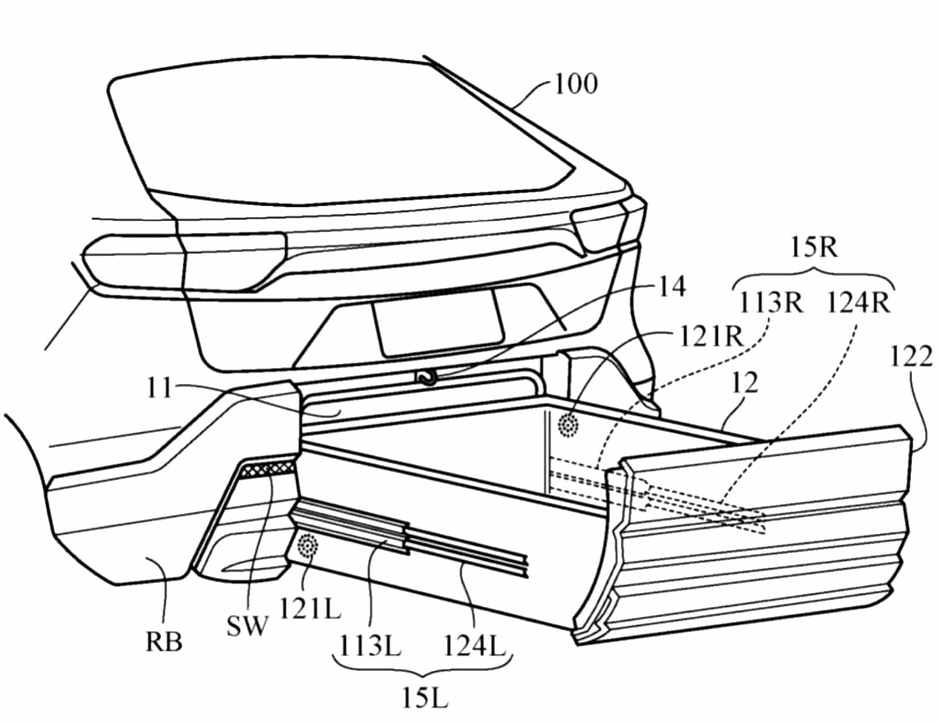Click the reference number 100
pyautogui.click(x=576, y=84)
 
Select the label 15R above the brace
pyautogui.click(x=815, y=249)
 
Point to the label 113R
pyautogui.click(x=770, y=302)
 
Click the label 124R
pyautogui.click(x=858, y=302)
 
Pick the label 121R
pyautogui.click(x=711, y=337)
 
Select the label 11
pyautogui.click(x=159, y=388)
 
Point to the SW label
pyautogui.click(x=247, y=626)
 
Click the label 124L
pyautogui.click(x=473, y=648)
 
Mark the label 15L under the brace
pyautogui.click(x=424, y=699)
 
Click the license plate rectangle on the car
pyautogui.click(x=438, y=322)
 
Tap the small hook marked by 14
pyautogui.click(x=427, y=377)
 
